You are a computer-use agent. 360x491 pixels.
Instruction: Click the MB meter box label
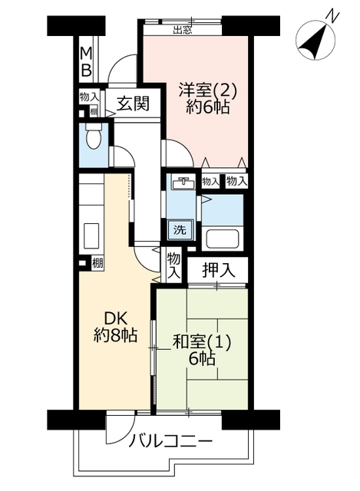tap(86, 62)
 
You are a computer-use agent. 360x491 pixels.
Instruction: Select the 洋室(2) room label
tap(207, 91)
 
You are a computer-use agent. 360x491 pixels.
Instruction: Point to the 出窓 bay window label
tap(183, 31)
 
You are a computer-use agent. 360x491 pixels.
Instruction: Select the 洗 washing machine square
tap(180, 230)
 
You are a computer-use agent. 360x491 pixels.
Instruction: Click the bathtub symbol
tap(222, 239)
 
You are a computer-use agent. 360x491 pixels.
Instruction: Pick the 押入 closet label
tap(219, 270)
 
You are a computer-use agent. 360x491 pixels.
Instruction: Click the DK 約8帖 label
tap(116, 328)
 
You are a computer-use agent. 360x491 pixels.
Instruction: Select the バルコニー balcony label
tap(171, 442)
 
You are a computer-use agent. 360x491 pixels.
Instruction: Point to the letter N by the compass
tap(332, 15)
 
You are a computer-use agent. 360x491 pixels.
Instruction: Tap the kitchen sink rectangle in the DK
tap(91, 236)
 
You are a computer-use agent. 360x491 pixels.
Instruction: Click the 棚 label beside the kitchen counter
tap(97, 263)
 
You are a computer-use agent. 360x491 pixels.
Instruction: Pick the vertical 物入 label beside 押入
tap(174, 265)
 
